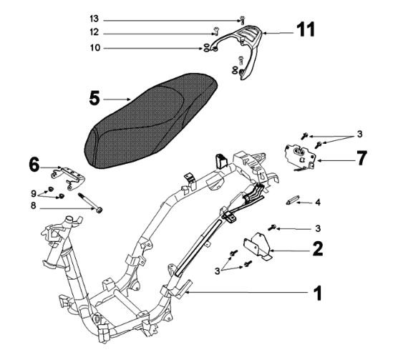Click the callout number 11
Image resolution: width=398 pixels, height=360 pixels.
[306, 29]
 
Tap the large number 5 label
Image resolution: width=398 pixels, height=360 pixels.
[94, 99]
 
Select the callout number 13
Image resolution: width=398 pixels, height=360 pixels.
[94, 19]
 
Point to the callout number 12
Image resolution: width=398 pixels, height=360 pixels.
[94, 32]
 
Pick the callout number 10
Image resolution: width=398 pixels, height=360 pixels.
[95, 48]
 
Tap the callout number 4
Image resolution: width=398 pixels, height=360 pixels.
[318, 203]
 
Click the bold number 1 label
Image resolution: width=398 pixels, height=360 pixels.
[318, 293]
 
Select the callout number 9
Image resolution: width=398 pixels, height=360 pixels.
[34, 194]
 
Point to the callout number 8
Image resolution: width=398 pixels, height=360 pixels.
[33, 205]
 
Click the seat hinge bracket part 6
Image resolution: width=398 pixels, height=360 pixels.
[68, 177]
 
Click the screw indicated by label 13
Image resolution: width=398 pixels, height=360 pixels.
[243, 19]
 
